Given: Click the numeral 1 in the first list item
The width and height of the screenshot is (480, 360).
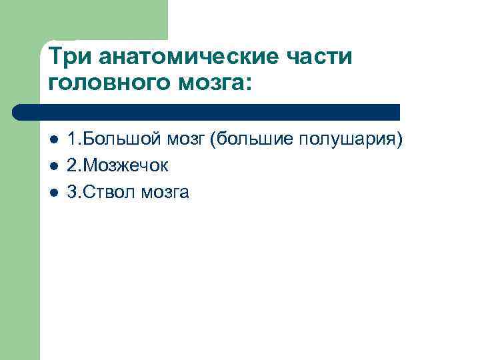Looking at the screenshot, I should point(71,140).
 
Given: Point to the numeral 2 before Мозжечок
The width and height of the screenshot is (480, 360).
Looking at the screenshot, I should point(72,166).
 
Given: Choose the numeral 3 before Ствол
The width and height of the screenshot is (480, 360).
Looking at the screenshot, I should point(72,192).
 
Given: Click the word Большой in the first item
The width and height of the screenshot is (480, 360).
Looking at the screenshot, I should point(113,140).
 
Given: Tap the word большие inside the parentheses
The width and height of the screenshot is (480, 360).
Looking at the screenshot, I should point(245,140).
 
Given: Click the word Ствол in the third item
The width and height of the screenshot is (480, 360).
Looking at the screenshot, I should point(106,192).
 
